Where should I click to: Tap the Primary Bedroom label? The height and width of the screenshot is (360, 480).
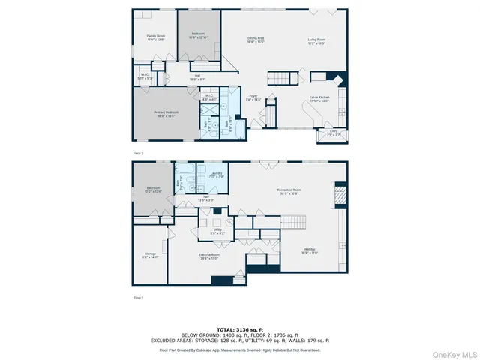click(x=154, y=112)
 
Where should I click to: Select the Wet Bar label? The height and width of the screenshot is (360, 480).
click(x=311, y=250)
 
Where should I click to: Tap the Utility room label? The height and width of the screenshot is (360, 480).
click(x=218, y=231)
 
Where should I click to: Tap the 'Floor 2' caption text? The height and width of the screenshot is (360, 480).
click(x=137, y=152)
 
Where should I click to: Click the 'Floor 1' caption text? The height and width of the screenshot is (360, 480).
click(x=137, y=298)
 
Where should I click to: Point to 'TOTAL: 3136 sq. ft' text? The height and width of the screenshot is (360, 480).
click(x=239, y=329)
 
